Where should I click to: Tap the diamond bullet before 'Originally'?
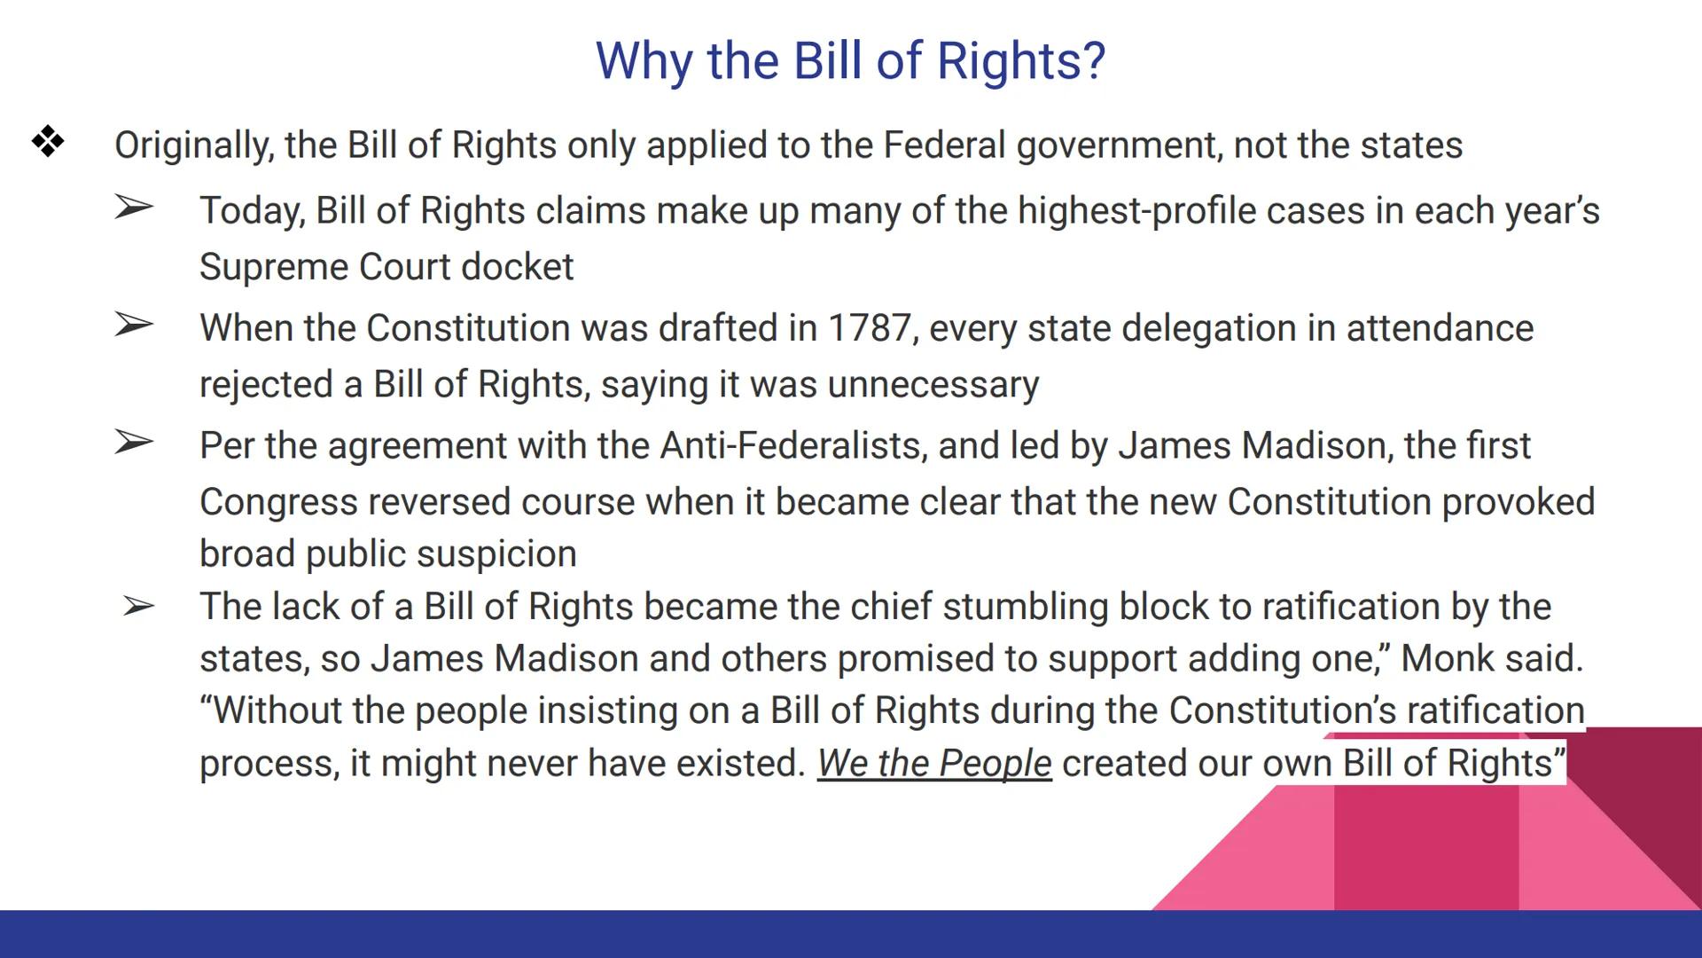[x=48, y=142]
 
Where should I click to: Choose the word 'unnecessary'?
[x=933, y=385]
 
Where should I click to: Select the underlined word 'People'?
[x=995, y=764]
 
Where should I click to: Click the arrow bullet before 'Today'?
[x=134, y=208]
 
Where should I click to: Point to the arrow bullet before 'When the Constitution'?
[x=134, y=326]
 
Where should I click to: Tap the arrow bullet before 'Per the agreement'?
[x=134, y=442]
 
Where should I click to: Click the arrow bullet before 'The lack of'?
[x=138, y=607]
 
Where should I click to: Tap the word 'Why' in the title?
[x=644, y=60]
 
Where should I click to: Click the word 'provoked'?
[x=1519, y=502]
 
